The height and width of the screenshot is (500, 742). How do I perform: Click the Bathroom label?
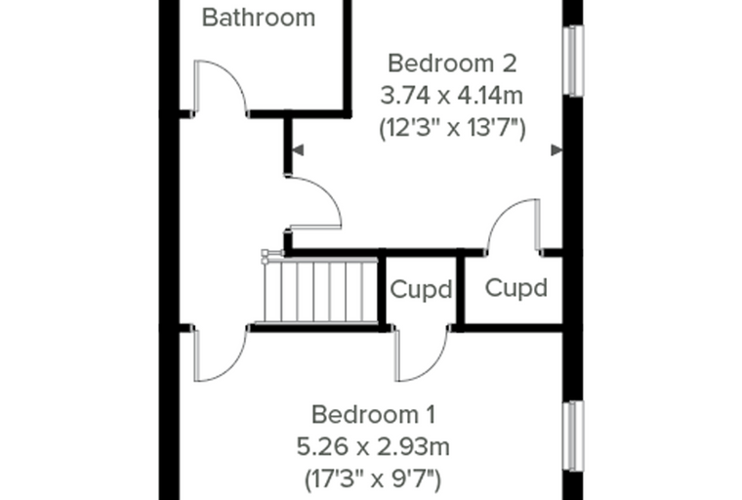point(259,18)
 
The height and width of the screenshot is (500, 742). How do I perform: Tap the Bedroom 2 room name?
point(452,63)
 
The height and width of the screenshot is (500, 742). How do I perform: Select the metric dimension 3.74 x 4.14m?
point(452,96)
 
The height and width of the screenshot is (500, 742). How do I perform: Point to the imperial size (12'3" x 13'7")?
point(452,128)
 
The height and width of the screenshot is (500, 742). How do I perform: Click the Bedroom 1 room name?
point(373,415)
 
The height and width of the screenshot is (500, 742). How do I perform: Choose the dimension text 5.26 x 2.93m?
point(373,447)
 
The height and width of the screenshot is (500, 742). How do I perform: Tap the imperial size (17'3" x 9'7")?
point(373,479)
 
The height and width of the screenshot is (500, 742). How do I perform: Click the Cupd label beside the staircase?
point(421,289)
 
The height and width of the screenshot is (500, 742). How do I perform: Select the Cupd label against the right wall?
point(515,288)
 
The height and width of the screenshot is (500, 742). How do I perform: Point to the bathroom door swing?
point(221,88)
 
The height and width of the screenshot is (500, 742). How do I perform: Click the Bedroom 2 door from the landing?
point(314,203)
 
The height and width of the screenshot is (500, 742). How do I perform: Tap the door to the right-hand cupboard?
point(513,227)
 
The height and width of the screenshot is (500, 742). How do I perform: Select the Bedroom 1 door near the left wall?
point(221,354)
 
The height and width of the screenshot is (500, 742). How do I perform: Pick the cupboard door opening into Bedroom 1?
point(422,354)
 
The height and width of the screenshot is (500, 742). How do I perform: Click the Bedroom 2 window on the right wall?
point(573,61)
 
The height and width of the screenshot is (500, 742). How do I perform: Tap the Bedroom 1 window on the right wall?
point(573,437)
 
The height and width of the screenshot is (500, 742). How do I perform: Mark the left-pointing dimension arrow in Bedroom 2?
point(298,150)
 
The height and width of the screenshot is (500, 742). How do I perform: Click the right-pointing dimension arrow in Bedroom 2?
point(556,150)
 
